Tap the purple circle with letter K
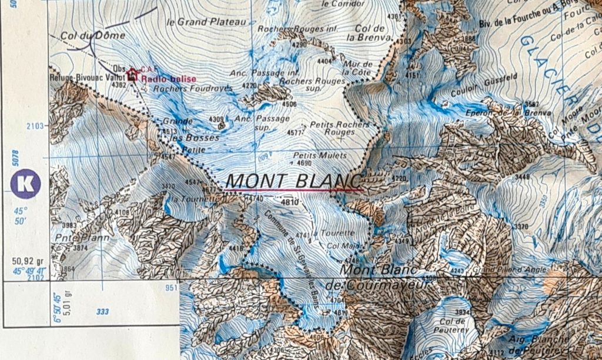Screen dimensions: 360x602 click(x=25, y=183)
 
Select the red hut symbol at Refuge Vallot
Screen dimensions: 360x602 click(x=132, y=74)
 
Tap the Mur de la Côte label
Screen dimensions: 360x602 click(x=358, y=68)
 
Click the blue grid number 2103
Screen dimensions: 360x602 click(x=36, y=126)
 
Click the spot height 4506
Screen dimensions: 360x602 click(x=289, y=104)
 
